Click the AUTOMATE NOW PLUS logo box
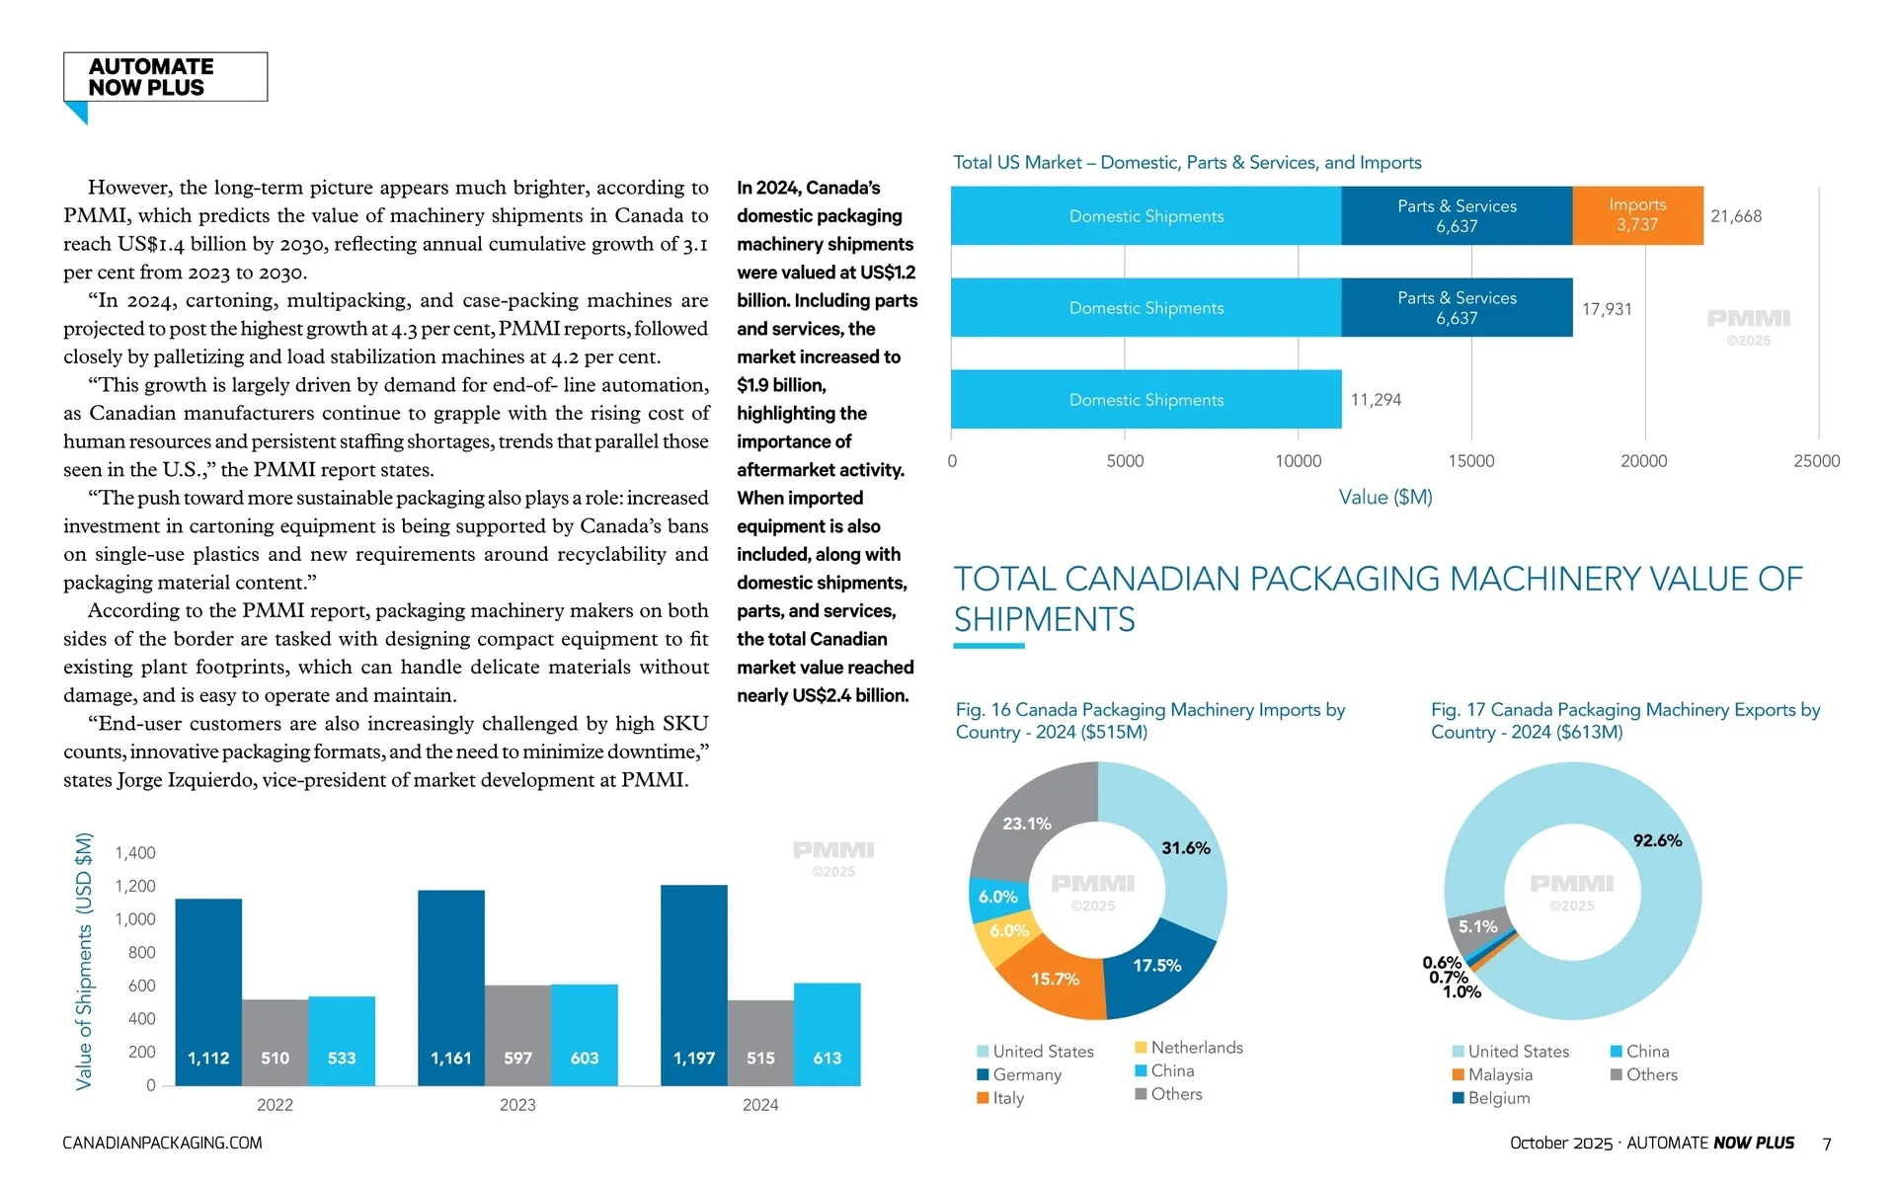click(165, 77)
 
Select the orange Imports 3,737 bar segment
click(1636, 215)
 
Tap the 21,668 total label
click(1735, 216)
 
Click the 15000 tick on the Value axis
click(1470, 461)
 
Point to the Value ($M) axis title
click(1384, 497)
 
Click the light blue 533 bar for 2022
click(342, 1041)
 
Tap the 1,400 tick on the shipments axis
click(135, 853)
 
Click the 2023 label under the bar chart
click(517, 1105)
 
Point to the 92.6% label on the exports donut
click(1656, 840)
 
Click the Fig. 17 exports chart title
click(1624, 721)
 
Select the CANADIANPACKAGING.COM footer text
click(162, 1143)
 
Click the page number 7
click(1827, 1144)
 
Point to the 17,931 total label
click(1607, 309)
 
